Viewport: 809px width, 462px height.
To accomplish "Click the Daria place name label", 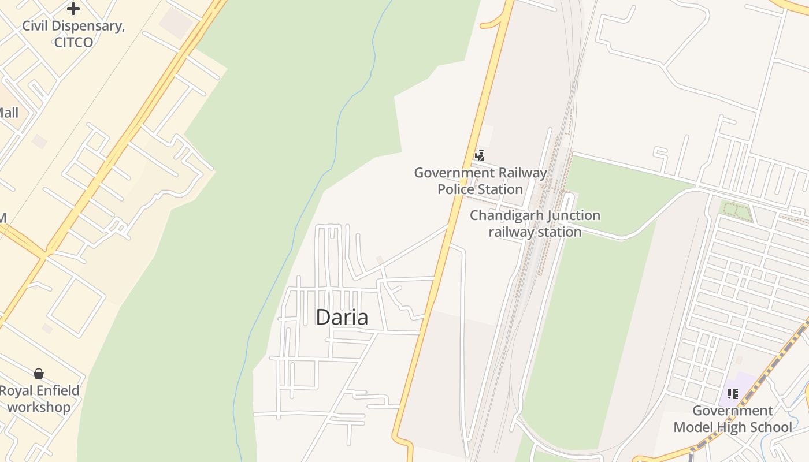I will click(342, 317).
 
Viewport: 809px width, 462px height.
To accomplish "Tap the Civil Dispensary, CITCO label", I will click(73, 34).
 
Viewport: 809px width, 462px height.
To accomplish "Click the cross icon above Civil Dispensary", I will click(73, 9).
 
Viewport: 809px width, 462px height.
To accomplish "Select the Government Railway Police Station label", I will click(480, 181).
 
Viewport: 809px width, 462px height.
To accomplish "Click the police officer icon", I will click(480, 155).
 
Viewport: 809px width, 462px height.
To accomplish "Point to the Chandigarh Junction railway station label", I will click(535, 223).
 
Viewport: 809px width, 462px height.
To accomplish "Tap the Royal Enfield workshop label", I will click(39, 398).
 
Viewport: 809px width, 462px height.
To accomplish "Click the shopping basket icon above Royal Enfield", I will click(39, 374).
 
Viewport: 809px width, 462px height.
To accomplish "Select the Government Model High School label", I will click(733, 419).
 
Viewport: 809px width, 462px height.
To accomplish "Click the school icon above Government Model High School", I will click(733, 394).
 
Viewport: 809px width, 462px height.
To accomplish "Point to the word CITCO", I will click(73, 42).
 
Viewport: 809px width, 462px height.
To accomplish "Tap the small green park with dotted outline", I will click(736, 211).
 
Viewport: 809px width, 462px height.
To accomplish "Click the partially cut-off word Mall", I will click(8, 113).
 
